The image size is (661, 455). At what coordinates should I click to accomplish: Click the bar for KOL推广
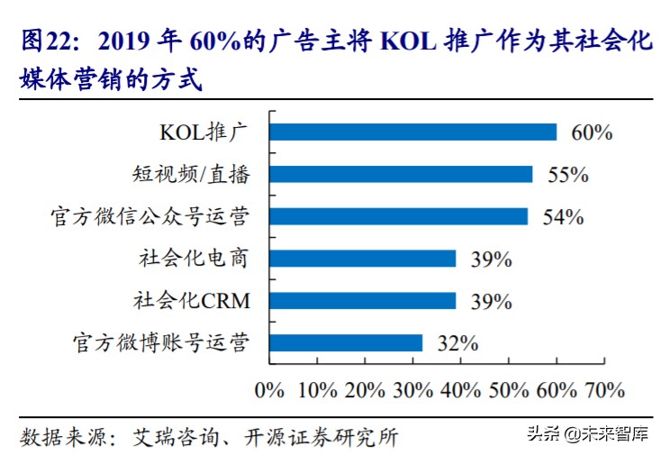click(x=412, y=132)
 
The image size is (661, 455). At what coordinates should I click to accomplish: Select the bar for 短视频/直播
click(x=401, y=174)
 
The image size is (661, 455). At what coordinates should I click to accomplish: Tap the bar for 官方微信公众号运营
click(x=398, y=216)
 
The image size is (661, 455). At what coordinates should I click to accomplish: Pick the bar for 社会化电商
click(x=362, y=259)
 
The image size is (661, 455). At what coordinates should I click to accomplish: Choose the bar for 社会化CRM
click(x=362, y=300)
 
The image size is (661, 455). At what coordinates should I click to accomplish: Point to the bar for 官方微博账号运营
click(x=346, y=342)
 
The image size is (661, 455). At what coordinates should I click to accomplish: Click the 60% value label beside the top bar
click(x=592, y=133)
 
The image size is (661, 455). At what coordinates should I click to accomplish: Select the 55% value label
click(x=567, y=175)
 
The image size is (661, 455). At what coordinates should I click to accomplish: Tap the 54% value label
click(x=563, y=217)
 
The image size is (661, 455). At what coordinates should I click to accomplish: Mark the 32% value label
click(x=457, y=343)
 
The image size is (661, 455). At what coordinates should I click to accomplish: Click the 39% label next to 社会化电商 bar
click(x=491, y=259)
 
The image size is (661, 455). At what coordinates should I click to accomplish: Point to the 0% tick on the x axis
click(x=269, y=390)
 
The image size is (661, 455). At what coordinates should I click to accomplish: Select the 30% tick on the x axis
click(x=412, y=390)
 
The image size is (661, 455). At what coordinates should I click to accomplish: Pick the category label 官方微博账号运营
click(x=160, y=342)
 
